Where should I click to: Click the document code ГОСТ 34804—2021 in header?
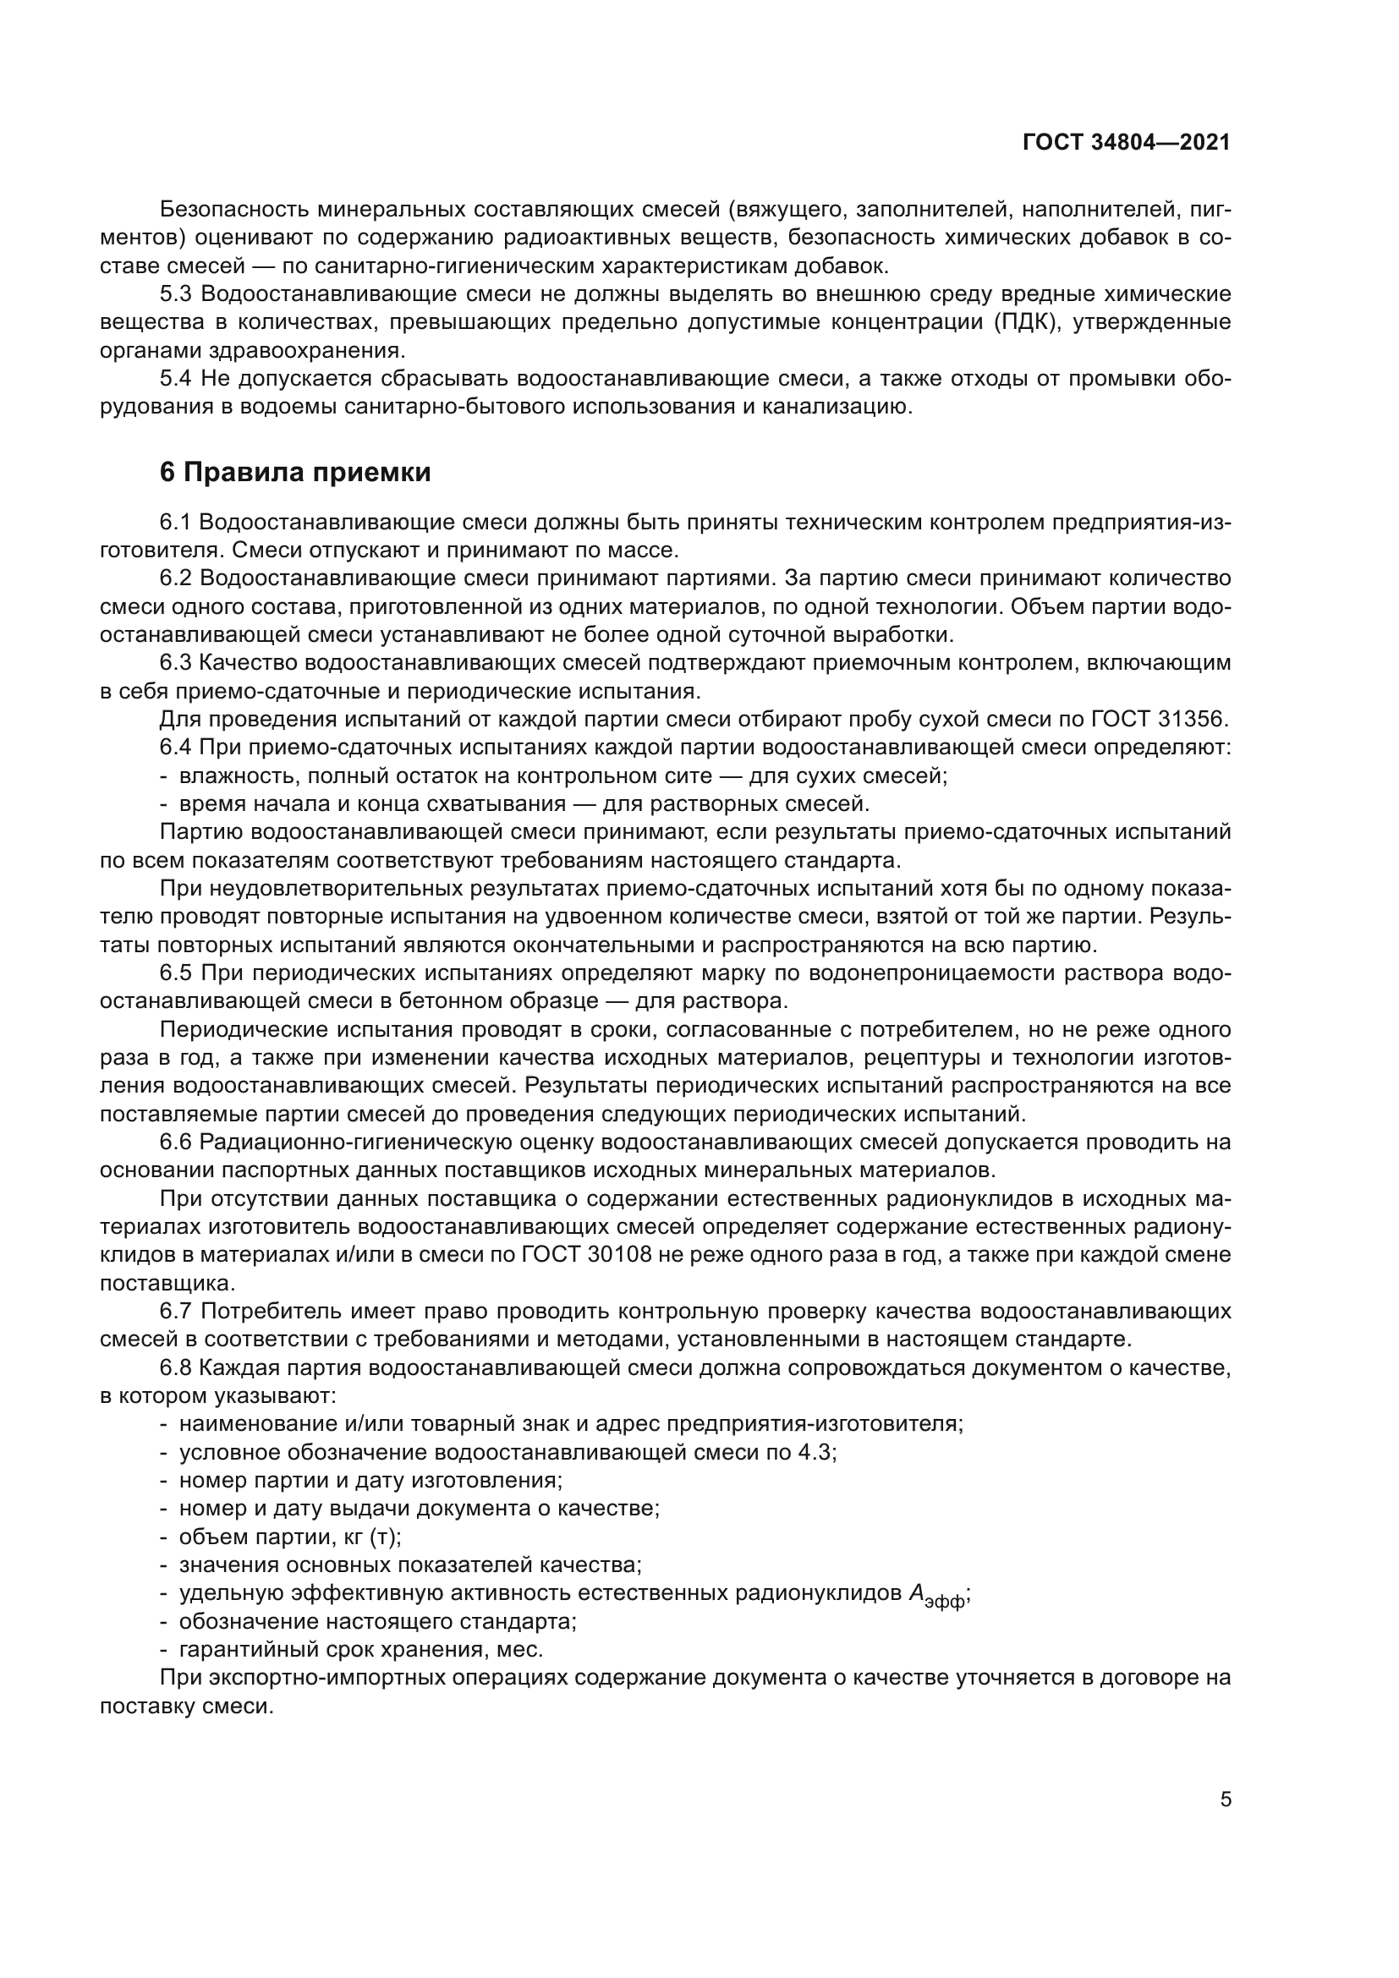coord(1126,143)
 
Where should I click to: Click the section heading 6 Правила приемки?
coord(295,473)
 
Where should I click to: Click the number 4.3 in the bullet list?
coord(815,1453)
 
